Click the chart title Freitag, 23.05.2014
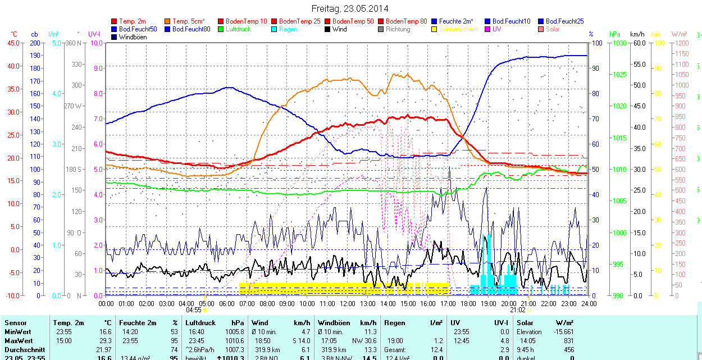(350, 8)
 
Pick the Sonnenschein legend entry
(458, 29)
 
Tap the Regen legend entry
(288, 29)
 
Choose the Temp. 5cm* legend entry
(189, 21)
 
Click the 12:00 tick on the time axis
(348, 303)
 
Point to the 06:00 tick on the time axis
(227, 303)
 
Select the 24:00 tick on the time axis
(589, 303)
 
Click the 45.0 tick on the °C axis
(12, 43)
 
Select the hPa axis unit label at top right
(616, 34)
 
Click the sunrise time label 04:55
(194, 309)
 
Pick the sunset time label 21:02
(517, 309)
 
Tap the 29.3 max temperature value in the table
(104, 341)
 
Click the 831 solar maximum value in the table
(568, 341)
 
